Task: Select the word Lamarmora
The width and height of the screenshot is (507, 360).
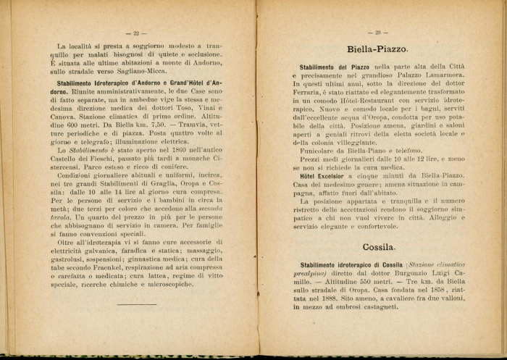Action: click(437, 76)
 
